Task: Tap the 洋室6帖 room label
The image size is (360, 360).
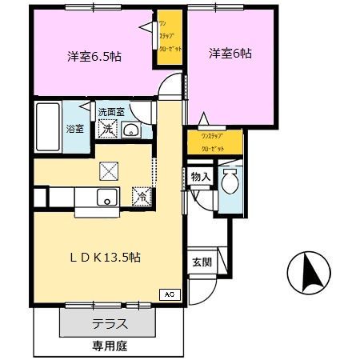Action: tap(230, 54)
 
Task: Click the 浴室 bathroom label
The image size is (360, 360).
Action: tap(74, 128)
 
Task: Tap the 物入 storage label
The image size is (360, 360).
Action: tap(200, 177)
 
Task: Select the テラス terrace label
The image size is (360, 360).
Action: tap(110, 325)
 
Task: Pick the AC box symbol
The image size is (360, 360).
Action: tap(169, 294)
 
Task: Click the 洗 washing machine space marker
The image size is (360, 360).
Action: tap(106, 130)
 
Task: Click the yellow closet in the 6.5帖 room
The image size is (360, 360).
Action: tap(166, 47)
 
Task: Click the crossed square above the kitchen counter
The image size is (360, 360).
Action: tap(107, 170)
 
